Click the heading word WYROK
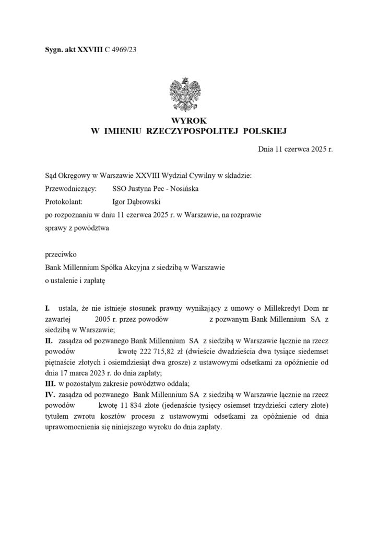(x=188, y=120)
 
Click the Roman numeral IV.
(x=52, y=395)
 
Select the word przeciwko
(x=61, y=256)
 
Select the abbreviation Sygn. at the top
(x=54, y=50)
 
